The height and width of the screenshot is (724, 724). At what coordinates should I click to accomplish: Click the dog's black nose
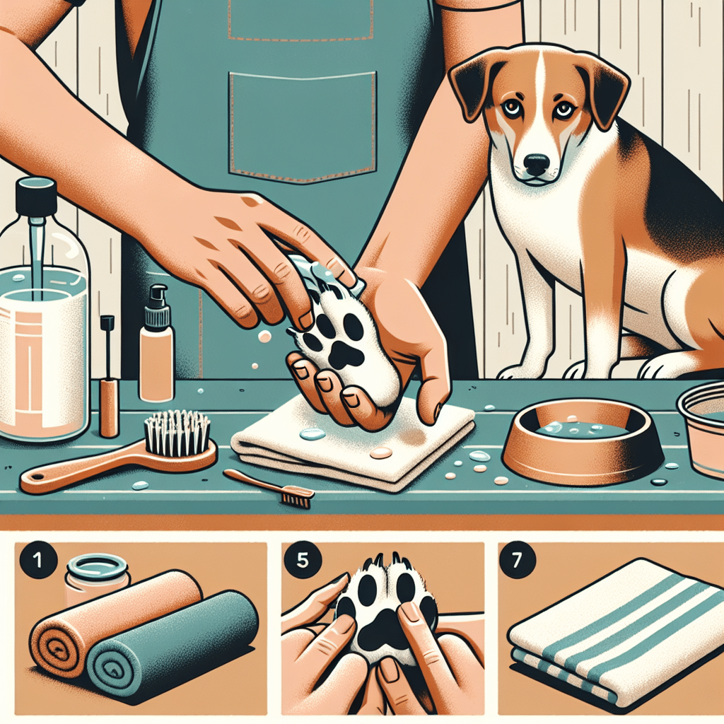(x=537, y=163)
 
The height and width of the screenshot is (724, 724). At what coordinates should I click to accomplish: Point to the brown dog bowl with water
(x=583, y=440)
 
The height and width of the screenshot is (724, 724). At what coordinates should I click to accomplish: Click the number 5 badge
(x=303, y=560)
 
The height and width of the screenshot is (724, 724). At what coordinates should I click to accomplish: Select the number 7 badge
(x=518, y=560)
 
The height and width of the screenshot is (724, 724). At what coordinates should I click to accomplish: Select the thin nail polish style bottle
(x=108, y=376)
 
